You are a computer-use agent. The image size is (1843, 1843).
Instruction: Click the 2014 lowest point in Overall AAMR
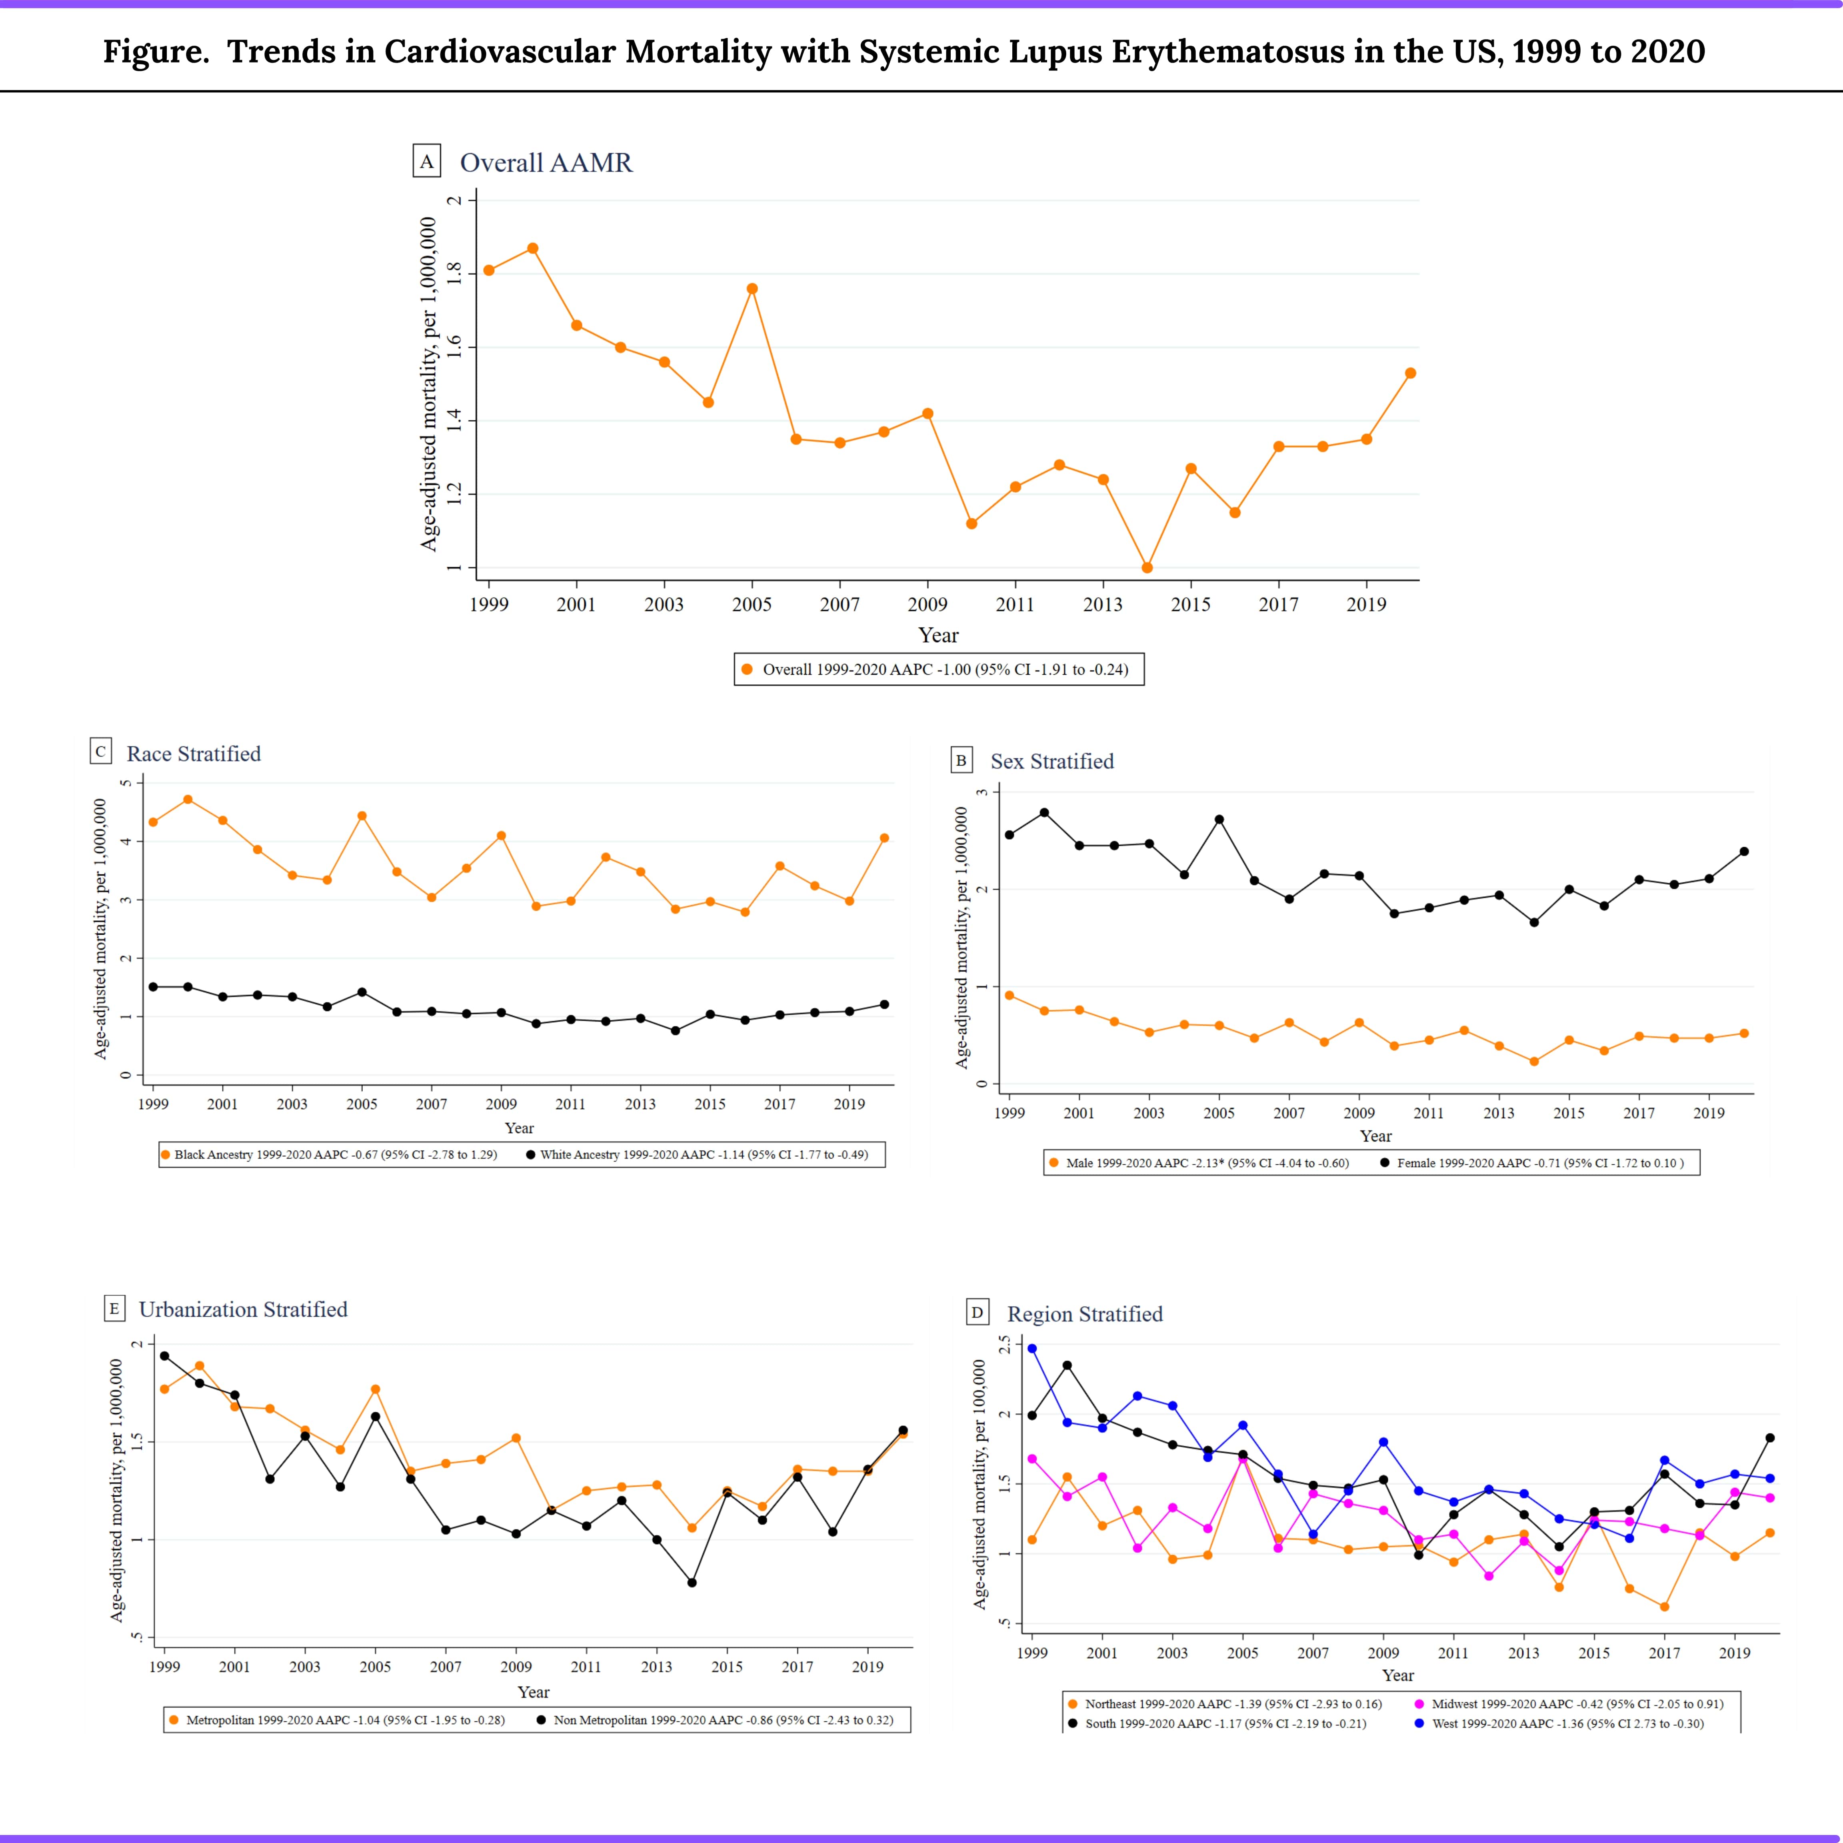pos(1147,568)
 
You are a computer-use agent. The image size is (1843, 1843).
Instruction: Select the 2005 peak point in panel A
pos(752,288)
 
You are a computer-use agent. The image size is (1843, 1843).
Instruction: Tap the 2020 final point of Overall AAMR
pos(1410,373)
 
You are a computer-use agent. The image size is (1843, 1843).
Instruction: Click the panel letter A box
pos(426,161)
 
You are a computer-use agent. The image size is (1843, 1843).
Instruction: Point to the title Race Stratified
pos(194,754)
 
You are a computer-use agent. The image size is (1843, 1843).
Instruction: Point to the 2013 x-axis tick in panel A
pos(1103,604)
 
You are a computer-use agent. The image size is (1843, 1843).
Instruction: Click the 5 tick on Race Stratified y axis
pos(125,783)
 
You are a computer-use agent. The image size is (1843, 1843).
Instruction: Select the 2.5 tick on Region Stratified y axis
pos(1003,1345)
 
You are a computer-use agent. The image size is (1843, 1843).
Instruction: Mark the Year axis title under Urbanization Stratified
pos(533,1691)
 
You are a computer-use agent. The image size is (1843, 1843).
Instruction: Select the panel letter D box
pos(977,1313)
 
